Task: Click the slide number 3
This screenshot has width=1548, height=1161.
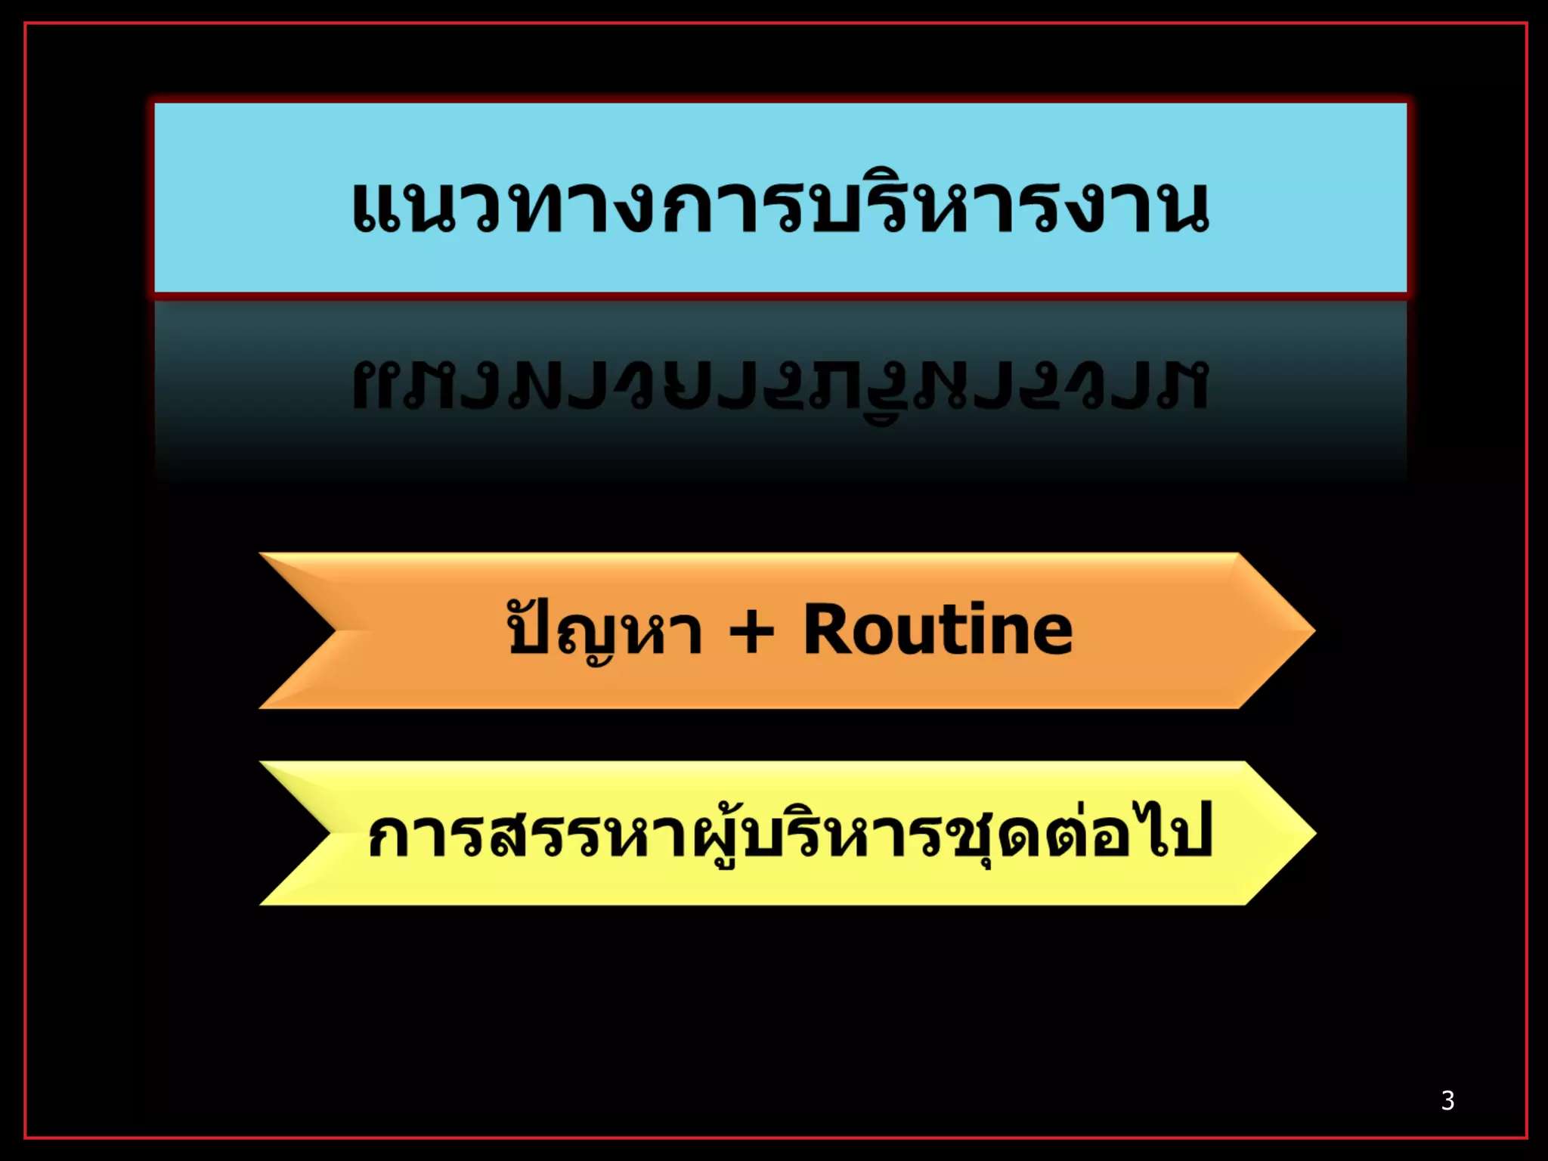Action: tap(1447, 1101)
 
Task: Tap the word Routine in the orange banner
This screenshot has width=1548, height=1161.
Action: tap(937, 630)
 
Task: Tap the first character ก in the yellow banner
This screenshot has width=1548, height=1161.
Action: tap(389, 837)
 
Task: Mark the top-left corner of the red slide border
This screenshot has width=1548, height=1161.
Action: tap(26, 24)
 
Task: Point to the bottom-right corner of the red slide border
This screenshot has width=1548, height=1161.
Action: tap(1525, 1137)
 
